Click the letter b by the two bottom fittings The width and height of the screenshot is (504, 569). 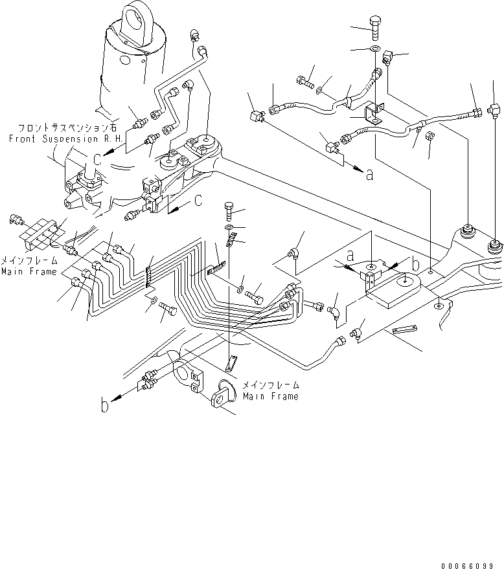coord(104,407)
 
